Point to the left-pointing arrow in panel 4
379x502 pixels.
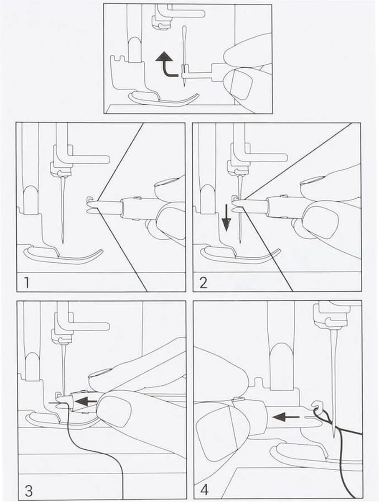[x=286, y=417]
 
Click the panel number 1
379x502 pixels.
[x=27, y=283]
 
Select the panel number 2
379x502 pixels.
[x=203, y=283]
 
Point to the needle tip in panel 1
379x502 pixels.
[x=63, y=243]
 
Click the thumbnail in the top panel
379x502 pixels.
[x=238, y=85]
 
